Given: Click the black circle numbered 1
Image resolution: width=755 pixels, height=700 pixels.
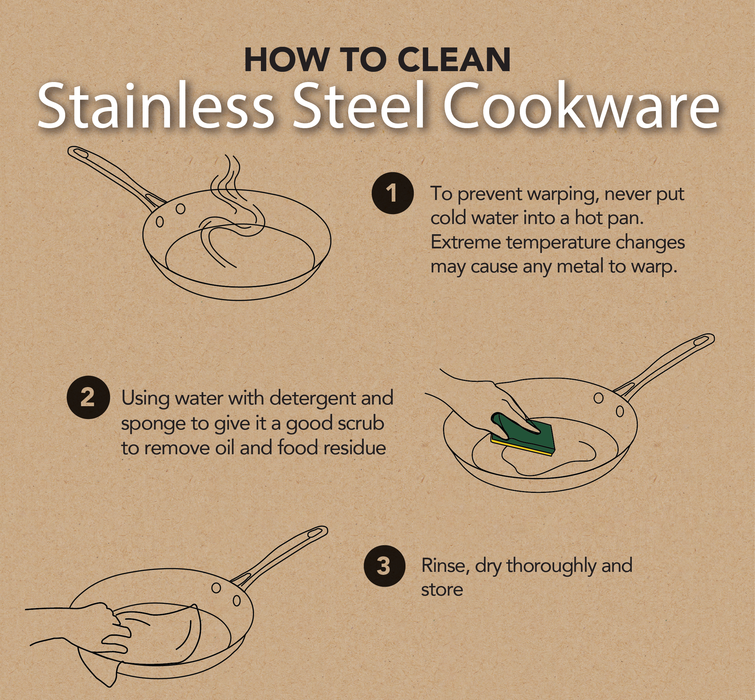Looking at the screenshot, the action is click(x=392, y=193).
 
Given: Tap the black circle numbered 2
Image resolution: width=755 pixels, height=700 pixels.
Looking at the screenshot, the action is click(x=88, y=397).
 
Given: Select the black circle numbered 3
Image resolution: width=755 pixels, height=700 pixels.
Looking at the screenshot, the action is click(x=384, y=566).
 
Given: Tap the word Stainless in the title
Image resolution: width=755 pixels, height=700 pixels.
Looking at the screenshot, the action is click(x=155, y=105).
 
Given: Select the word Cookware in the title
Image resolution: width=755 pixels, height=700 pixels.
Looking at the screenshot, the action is click(x=582, y=105).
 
